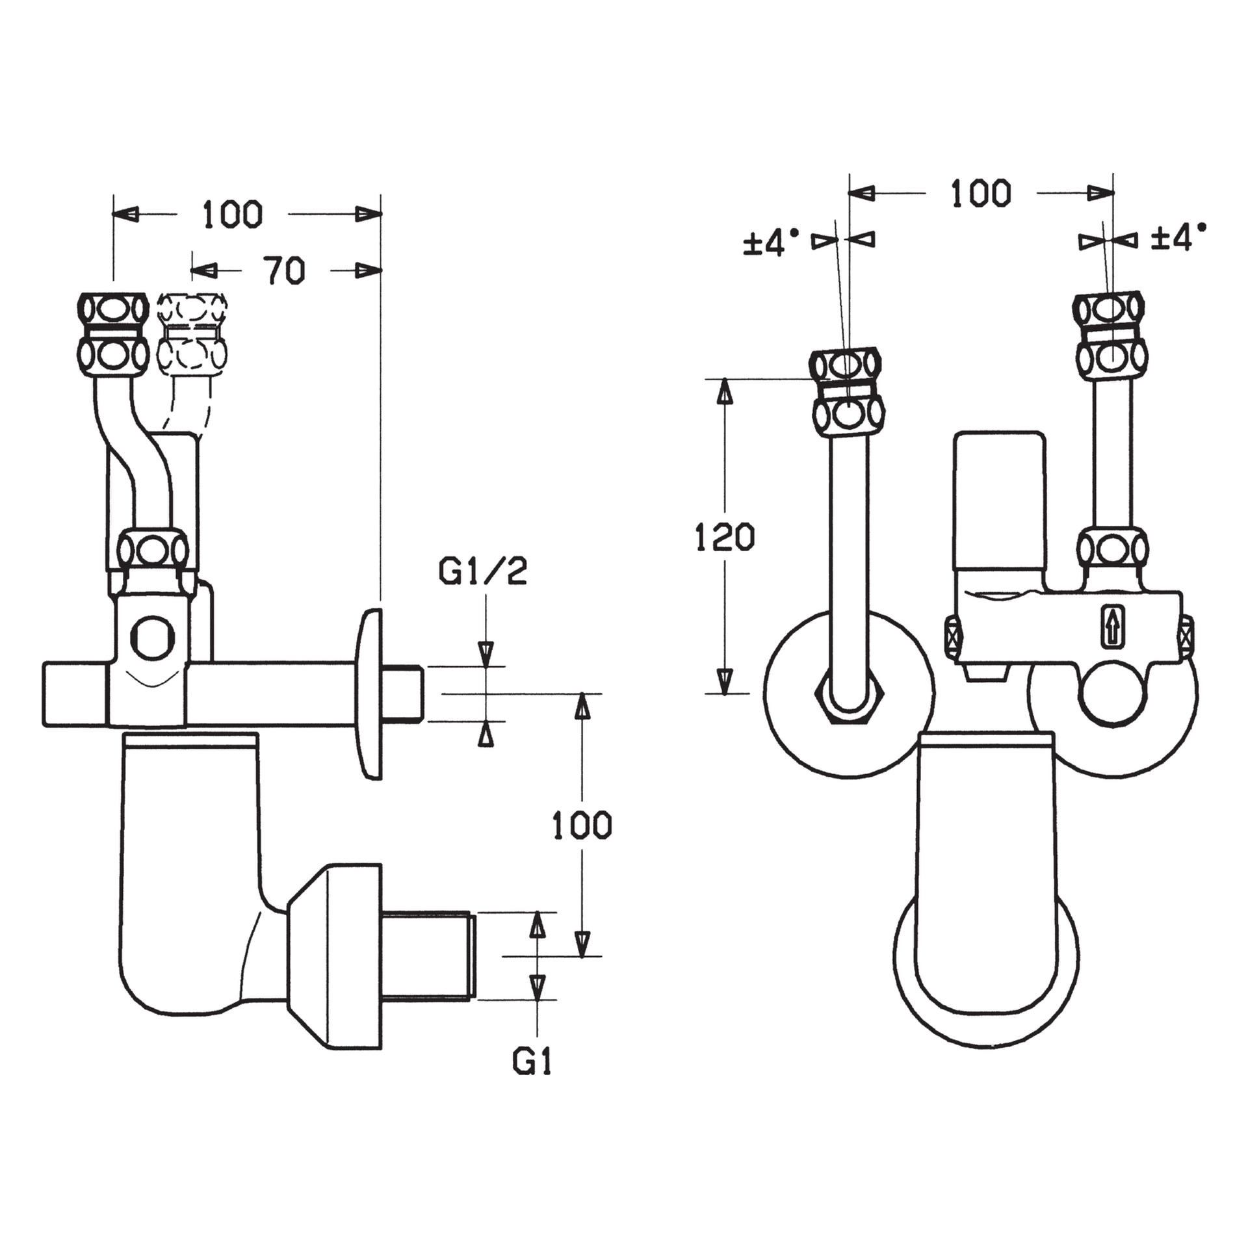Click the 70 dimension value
point(285,271)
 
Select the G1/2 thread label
point(482,571)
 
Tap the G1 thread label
point(532,1061)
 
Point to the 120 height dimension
point(725,537)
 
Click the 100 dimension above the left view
point(233,214)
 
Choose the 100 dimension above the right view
point(981,194)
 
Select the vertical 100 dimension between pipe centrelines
point(582,825)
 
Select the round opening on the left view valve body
point(152,637)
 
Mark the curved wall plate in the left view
point(368,694)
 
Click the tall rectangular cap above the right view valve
point(999,500)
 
